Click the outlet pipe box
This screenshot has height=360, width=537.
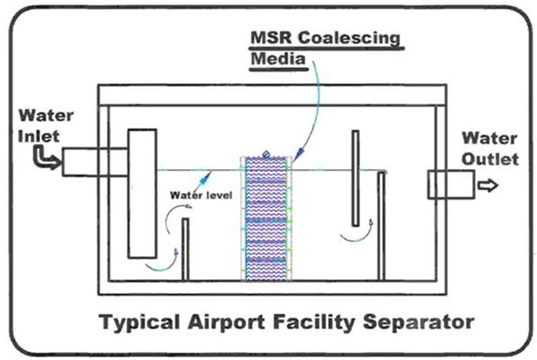click(x=450, y=185)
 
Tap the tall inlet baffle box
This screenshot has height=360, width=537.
click(x=142, y=193)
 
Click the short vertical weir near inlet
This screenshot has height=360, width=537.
click(x=185, y=249)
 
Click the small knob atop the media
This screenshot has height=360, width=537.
click(x=266, y=152)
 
